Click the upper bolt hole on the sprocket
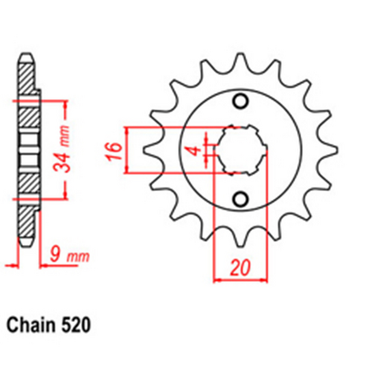(240, 102)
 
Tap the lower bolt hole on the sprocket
(240, 198)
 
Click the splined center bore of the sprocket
(240, 150)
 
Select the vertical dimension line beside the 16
(130, 150)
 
